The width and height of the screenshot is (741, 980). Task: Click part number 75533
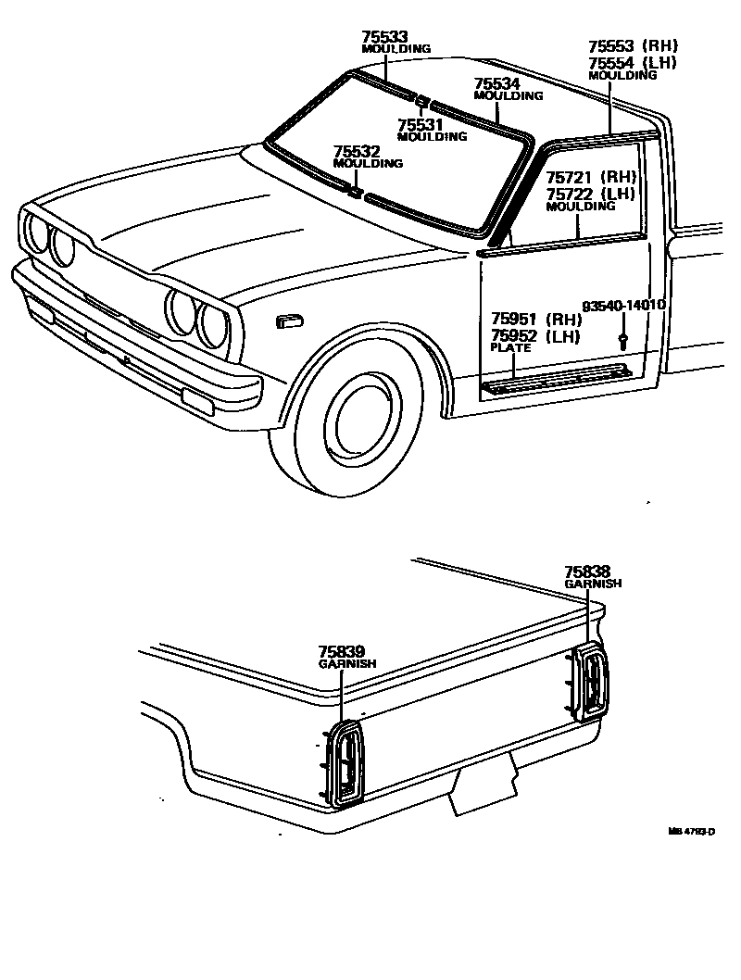tap(385, 37)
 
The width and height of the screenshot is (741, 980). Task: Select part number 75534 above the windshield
tap(497, 83)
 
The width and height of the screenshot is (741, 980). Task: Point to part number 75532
tap(356, 151)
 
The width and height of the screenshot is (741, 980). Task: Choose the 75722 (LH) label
tap(588, 193)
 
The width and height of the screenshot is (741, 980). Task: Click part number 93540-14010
tap(624, 306)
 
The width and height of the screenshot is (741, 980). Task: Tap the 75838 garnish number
tap(588, 572)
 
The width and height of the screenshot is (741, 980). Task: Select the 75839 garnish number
tap(341, 652)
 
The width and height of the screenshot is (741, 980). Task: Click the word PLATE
tap(510, 348)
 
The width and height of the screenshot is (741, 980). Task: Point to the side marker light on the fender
tap(289, 320)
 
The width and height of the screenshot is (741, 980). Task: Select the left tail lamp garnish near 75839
tap(346, 762)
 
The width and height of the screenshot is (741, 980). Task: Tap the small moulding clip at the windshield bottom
tap(356, 193)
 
